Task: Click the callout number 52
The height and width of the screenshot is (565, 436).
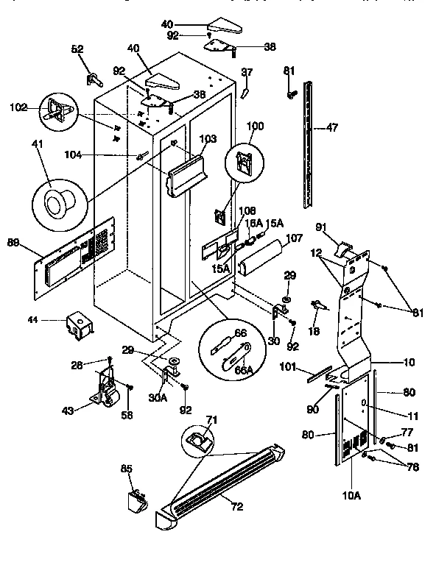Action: [x=77, y=50]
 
